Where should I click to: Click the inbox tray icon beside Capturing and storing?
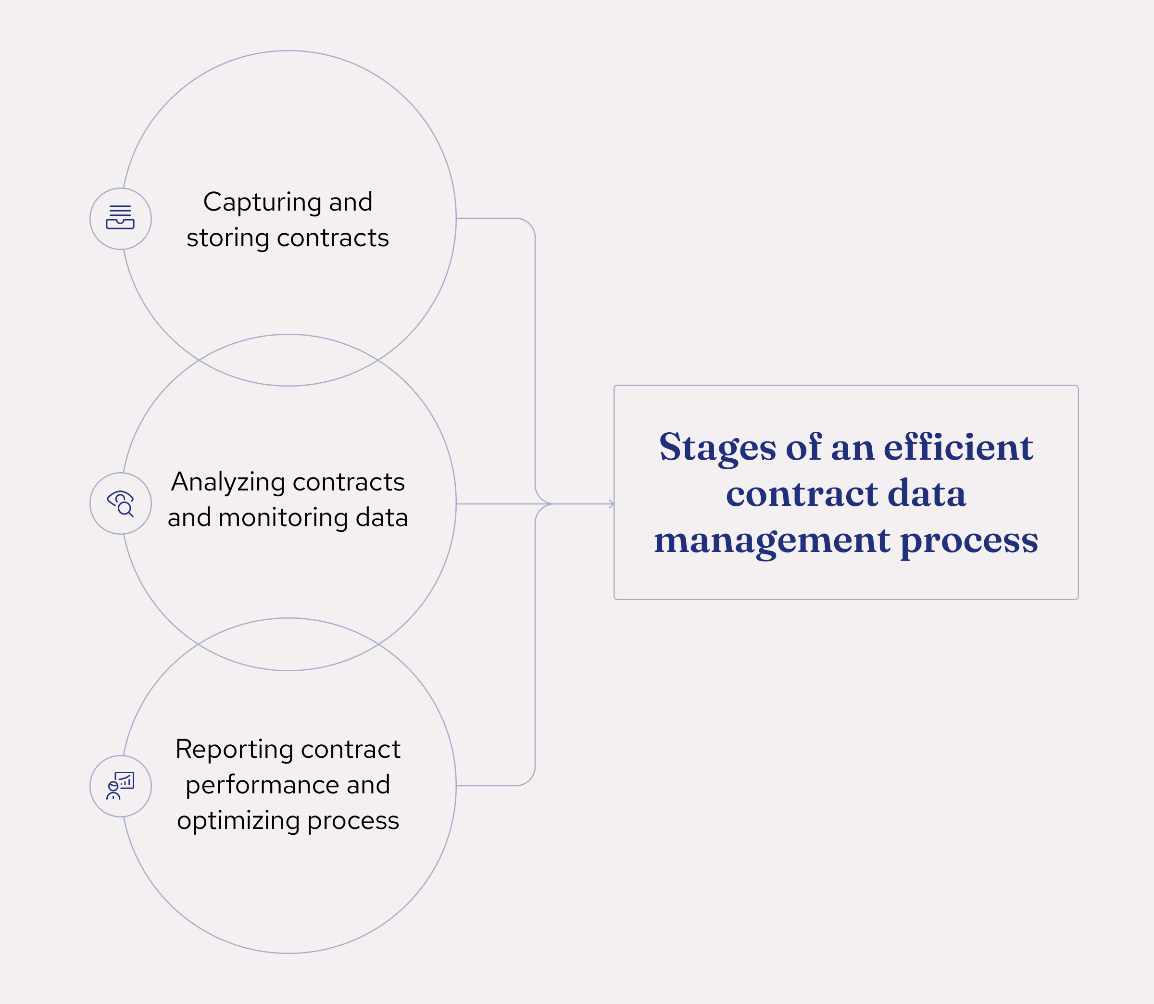click(120, 218)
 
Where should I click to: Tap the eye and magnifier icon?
click(120, 503)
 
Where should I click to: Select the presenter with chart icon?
click(120, 786)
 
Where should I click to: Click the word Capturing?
click(263, 203)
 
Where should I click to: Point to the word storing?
click(228, 238)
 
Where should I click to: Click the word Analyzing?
click(228, 483)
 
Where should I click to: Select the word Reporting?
click(234, 750)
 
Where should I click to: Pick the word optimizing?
click(238, 821)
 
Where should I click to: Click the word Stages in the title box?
click(717, 448)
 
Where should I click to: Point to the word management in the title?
click(772, 541)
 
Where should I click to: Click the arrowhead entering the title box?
click(611, 503)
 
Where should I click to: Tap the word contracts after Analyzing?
click(349, 482)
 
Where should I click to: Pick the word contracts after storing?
click(333, 238)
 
